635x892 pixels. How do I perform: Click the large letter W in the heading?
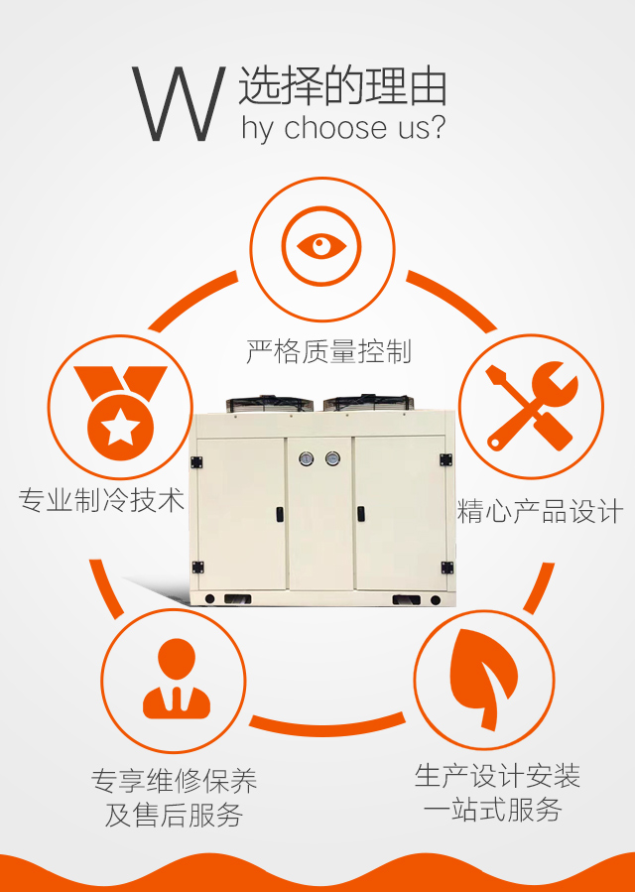tap(178, 104)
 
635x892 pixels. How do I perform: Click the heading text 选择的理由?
tap(343, 86)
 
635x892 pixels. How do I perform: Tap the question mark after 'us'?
tap(435, 126)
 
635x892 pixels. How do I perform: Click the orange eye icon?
tap(321, 247)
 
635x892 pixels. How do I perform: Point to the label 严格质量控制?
tap(328, 351)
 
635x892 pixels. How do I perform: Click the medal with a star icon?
tap(120, 413)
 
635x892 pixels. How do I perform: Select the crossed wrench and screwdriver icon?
tap(531, 406)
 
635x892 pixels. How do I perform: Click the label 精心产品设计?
tap(540, 511)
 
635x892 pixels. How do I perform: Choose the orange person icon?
tap(177, 679)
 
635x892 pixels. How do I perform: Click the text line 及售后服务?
tap(174, 816)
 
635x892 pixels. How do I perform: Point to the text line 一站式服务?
tap(492, 810)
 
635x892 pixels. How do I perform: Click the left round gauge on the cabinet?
tap(307, 458)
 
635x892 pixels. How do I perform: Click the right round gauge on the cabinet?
tap(332, 458)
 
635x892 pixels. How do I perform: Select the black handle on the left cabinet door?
tap(280, 514)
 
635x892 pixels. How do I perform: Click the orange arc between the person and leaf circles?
tap(327, 725)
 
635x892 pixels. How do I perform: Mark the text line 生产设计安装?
tap(497, 776)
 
